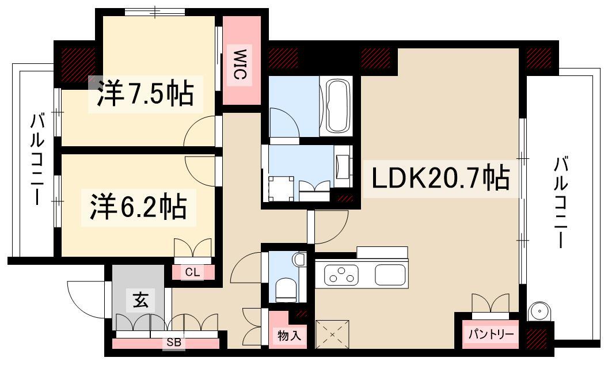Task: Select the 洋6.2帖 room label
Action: [139, 207]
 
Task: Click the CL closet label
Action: [192, 272]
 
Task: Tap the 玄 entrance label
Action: [140, 300]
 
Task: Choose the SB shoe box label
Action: [174, 343]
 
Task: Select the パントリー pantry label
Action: [491, 334]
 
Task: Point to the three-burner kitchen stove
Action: [341, 275]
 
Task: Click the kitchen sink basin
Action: [390, 275]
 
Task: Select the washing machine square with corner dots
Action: [281, 188]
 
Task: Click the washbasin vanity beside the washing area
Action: [344, 167]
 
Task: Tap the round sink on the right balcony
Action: [539, 311]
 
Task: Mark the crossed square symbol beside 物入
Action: [332, 334]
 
